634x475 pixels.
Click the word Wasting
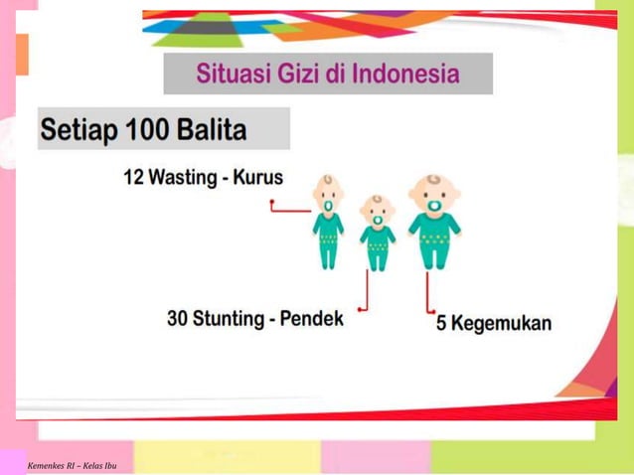click(184, 178)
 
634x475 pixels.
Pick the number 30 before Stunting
click(178, 319)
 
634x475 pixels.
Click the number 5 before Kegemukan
click(442, 325)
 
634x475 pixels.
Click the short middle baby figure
click(377, 234)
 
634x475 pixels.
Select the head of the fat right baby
click(434, 192)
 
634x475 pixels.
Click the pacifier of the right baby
click(434, 206)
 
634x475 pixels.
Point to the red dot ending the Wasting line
click(272, 203)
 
